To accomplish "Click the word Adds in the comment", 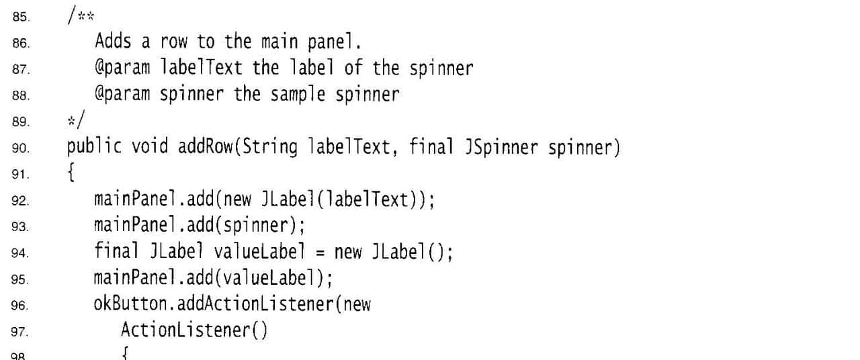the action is (112, 42).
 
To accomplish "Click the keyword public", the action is (94, 147).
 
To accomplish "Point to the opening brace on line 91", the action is (71, 173).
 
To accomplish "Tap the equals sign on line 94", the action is (320, 253).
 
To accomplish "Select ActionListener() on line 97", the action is (193, 330).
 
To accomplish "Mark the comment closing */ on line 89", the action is (73, 120).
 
